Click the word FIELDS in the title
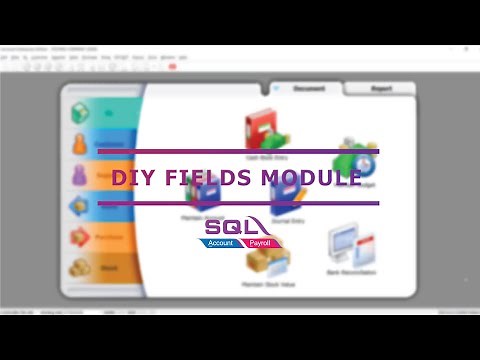click(x=203, y=179)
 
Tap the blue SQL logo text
click(x=237, y=227)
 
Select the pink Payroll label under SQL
click(x=262, y=242)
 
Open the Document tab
click(x=308, y=89)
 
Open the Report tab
click(x=380, y=89)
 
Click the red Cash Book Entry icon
click(x=262, y=129)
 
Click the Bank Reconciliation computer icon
click(x=349, y=243)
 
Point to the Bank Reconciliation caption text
click(x=349, y=271)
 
